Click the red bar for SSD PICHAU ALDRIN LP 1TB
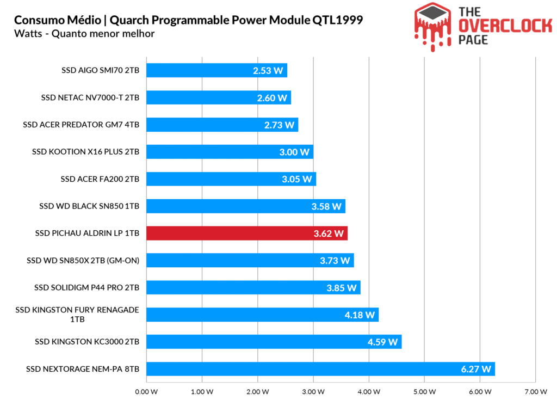pyautogui.click(x=246, y=233)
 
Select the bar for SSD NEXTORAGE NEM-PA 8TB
pyautogui.click(x=320, y=369)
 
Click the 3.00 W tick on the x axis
pyautogui.click(x=313, y=391)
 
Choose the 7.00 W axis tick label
pyautogui.click(x=535, y=391)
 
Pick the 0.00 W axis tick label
pyautogui.click(x=146, y=391)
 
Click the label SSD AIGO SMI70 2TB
pyautogui.click(x=100, y=70)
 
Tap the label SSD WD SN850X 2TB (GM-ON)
pyautogui.click(x=83, y=261)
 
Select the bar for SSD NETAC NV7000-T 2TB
pyautogui.click(x=218, y=97)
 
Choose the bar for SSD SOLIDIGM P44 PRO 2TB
pyautogui.click(x=253, y=288)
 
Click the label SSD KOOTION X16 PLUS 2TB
pyautogui.click(x=85, y=152)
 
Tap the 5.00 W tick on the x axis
pyautogui.click(x=424, y=391)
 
